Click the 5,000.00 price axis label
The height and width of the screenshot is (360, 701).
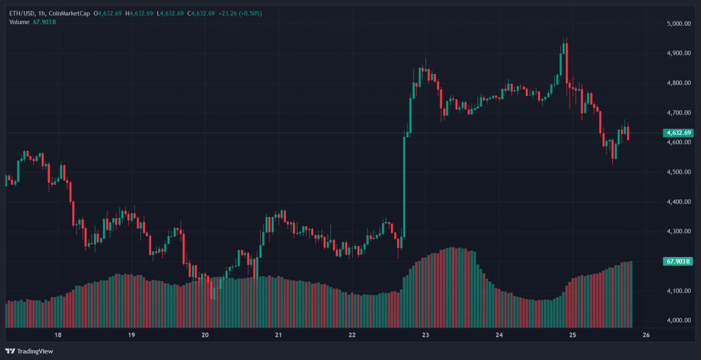(677, 24)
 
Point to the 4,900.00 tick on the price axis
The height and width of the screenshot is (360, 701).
(677, 53)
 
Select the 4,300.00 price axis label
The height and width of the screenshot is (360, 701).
(677, 231)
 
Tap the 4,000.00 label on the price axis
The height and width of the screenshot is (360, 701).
(677, 320)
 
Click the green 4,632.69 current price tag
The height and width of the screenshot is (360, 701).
(678, 133)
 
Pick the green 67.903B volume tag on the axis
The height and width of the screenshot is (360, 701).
(678, 262)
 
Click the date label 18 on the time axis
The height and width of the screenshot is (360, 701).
(58, 335)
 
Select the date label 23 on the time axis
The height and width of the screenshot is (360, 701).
(426, 335)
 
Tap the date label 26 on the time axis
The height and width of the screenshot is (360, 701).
(646, 335)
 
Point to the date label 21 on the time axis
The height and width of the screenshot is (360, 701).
(278, 335)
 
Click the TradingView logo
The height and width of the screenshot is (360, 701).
(30, 351)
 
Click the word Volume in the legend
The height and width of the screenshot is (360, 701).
(19, 21)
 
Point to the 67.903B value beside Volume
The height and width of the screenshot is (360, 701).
(45, 21)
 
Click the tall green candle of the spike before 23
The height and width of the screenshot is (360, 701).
(404, 186)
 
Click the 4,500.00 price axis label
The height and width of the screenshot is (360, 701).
(677, 172)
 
